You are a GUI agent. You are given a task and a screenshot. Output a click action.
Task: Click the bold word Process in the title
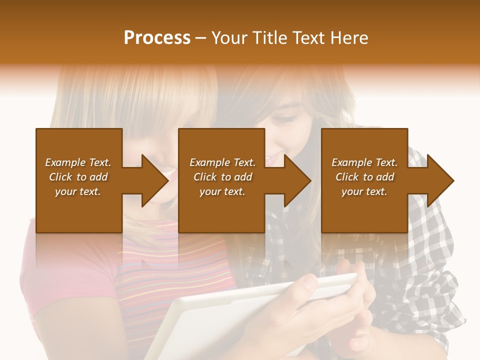coord(157,38)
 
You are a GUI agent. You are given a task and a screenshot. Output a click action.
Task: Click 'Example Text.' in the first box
coord(78,162)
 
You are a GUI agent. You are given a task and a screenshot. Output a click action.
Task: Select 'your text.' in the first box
coord(78,191)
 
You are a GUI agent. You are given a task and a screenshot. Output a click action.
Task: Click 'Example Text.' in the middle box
coord(222,162)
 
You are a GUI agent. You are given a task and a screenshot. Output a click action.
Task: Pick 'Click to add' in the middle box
coord(222,177)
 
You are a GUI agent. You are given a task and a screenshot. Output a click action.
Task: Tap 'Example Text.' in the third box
coord(364,162)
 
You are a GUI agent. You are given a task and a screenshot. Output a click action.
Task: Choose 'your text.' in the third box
coord(364,191)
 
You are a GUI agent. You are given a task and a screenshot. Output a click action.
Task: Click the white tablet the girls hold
coord(210,320)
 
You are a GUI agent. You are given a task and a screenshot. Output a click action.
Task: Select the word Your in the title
coord(229,38)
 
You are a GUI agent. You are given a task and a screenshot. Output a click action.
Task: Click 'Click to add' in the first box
coord(78,177)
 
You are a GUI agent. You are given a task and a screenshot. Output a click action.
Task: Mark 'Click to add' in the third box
coord(364,177)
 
